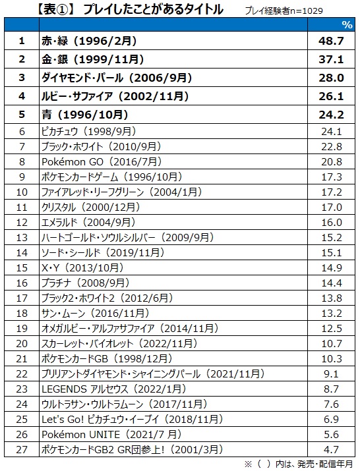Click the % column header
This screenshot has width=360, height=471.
pos(347,24)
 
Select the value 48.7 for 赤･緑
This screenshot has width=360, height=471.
pos(331,41)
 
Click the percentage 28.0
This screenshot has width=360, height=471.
pos(331,78)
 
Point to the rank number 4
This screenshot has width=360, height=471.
pos(22,96)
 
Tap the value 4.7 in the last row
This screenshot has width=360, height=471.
pos(331,449)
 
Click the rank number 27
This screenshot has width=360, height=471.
pos(22,449)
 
